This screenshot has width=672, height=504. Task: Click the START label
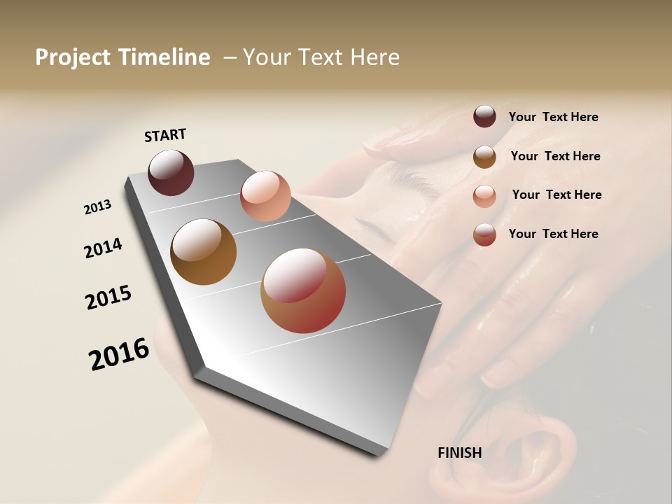point(165,135)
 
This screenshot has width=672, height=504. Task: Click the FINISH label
point(459,453)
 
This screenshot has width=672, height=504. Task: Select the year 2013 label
point(97,207)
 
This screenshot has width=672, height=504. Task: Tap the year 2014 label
point(103,248)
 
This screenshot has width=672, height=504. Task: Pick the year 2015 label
point(108,297)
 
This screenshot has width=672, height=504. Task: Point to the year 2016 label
point(119,354)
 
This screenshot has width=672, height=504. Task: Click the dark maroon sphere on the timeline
point(171,172)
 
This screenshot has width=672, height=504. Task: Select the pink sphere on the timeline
point(265,195)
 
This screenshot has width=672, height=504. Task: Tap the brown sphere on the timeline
point(203,252)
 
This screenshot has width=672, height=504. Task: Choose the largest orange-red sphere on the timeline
point(303,290)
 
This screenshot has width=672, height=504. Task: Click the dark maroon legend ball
point(484,116)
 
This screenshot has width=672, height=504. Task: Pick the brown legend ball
point(484,157)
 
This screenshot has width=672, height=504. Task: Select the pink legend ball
point(484,196)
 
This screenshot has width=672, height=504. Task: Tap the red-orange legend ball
point(484,234)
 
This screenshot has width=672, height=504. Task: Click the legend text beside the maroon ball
point(553,117)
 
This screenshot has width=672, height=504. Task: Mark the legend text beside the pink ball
point(556,195)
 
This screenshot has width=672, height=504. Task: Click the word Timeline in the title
point(163,57)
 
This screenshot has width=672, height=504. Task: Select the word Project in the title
point(73,57)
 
